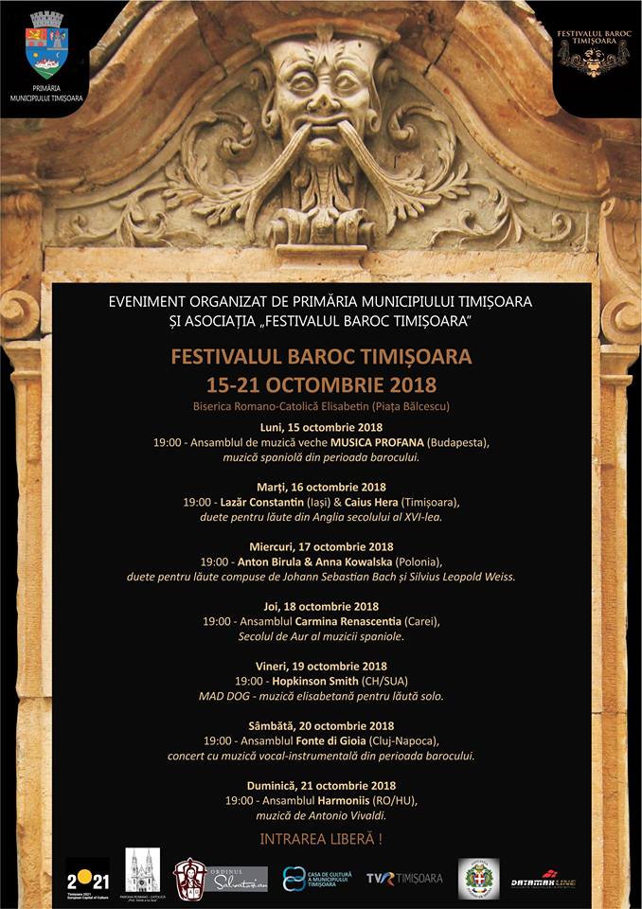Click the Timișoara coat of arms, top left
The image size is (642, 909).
click(46, 45)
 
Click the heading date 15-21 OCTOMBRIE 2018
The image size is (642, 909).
click(321, 384)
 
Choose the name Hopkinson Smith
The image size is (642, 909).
click(314, 681)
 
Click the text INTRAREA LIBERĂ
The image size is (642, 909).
click(321, 839)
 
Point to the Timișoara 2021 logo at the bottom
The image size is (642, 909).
click(87, 877)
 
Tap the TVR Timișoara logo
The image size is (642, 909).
click(404, 878)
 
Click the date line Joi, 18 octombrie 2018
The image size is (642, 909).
click(321, 606)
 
